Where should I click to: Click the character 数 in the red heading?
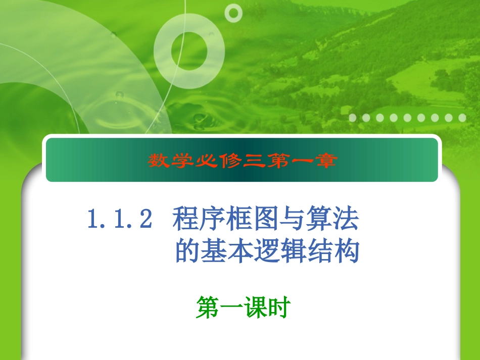click(x=158, y=161)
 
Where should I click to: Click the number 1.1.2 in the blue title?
click(x=120, y=221)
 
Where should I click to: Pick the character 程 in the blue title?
click(x=185, y=220)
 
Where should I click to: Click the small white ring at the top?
click(x=233, y=12)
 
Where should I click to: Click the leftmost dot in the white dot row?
click(x=353, y=118)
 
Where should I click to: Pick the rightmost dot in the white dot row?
click(x=462, y=118)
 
